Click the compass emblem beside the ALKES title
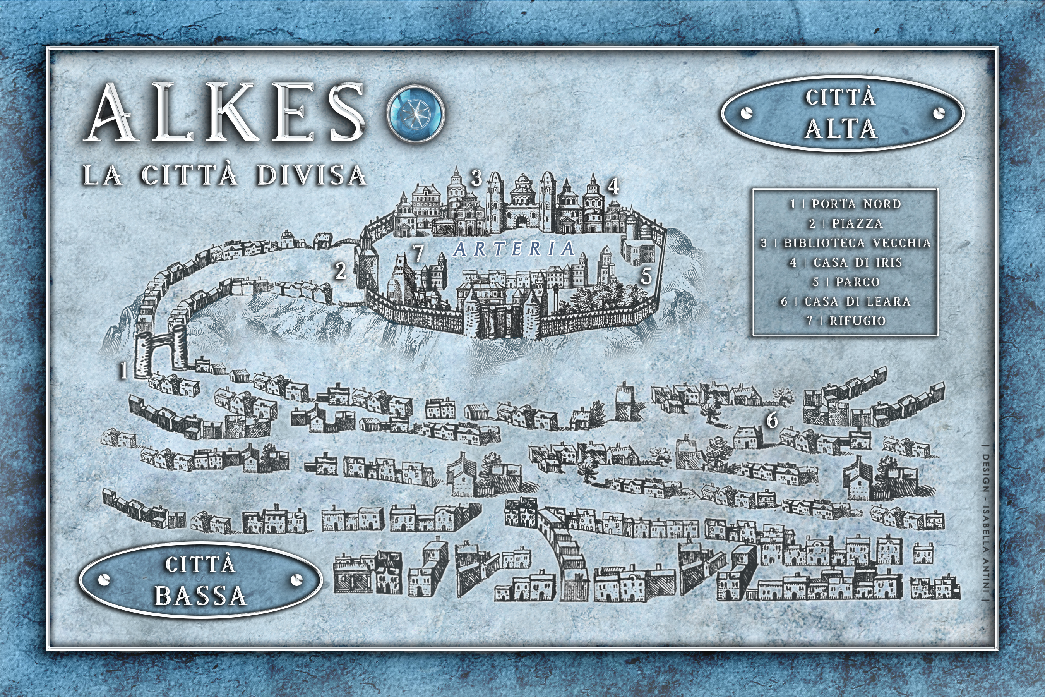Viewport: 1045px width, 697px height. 416,112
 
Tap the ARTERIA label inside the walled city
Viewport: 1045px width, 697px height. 514,249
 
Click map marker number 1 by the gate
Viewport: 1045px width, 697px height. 124,370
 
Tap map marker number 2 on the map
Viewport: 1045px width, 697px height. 340,271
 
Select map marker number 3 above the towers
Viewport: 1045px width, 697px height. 476,178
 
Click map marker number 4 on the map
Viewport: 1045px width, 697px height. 613,187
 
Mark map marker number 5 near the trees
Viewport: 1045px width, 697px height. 646,276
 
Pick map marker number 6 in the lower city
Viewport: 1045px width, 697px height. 772,420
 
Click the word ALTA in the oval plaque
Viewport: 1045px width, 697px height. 841,129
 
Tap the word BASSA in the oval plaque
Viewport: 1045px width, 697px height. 200,596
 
